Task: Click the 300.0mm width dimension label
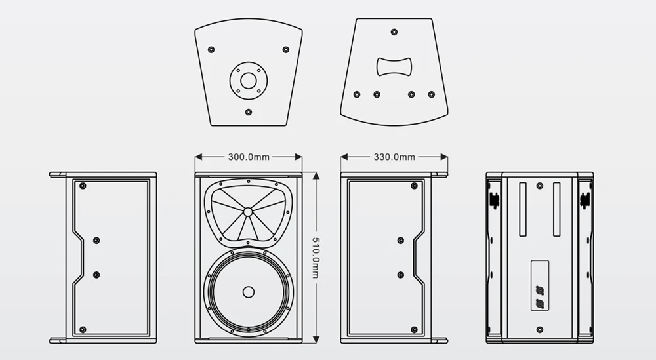click(x=249, y=157)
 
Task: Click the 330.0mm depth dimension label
click(x=394, y=157)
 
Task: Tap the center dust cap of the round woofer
click(x=248, y=292)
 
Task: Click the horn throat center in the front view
click(x=248, y=212)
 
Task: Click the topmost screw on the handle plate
click(x=394, y=31)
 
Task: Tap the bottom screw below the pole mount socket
click(x=248, y=112)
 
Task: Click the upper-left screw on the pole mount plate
click(x=211, y=49)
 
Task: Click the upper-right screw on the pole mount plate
click(x=285, y=49)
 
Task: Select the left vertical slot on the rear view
click(x=523, y=210)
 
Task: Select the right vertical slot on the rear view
click(x=556, y=210)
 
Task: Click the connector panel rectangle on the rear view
click(x=540, y=287)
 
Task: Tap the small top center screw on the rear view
click(x=539, y=186)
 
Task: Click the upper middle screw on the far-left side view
click(x=96, y=241)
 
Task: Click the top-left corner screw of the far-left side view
click(x=83, y=186)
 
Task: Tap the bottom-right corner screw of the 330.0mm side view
click(x=415, y=329)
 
